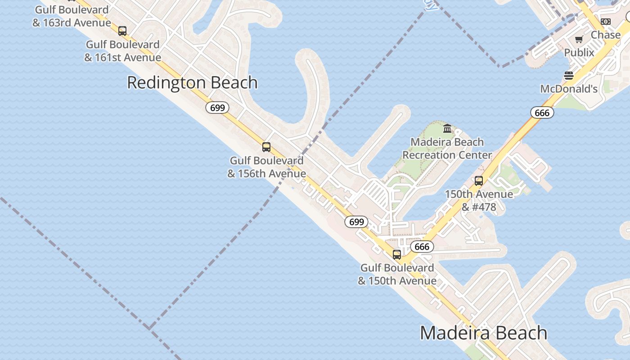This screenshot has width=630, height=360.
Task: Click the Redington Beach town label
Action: [x=192, y=83]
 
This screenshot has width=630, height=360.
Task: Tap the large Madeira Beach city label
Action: [x=483, y=333]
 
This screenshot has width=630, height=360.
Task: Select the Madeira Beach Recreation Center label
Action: [x=447, y=148]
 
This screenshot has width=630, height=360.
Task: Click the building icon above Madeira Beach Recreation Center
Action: [x=447, y=129]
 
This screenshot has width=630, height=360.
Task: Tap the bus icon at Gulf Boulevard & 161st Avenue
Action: [x=122, y=31]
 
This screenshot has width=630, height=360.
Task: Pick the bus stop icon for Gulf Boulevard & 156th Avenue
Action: [x=266, y=147]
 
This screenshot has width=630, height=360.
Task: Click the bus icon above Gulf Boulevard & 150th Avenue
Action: [x=396, y=255]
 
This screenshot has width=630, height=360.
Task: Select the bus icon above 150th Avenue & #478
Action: [x=479, y=181]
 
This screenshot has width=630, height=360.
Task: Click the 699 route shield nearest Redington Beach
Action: [x=217, y=108]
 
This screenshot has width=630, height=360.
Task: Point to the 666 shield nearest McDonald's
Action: [x=542, y=112]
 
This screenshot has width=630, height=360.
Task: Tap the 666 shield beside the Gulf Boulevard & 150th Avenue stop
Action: [x=422, y=247]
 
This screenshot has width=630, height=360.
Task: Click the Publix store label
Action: [x=579, y=53]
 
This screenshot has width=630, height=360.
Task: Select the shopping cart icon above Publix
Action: [x=579, y=39]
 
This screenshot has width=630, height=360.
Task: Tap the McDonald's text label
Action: [x=569, y=89]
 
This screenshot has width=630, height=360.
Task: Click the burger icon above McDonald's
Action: [x=569, y=75]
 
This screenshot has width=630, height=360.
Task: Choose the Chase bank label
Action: [x=605, y=35]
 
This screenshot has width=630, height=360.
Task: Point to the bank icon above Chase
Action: [x=606, y=22]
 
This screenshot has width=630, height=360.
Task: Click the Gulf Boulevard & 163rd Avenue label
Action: [x=72, y=16]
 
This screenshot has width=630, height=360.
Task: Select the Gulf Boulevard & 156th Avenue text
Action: [x=266, y=167]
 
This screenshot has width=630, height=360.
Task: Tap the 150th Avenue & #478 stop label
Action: [x=479, y=201]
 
